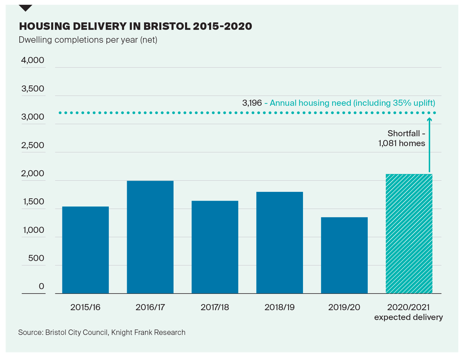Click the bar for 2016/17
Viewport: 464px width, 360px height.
[150, 237]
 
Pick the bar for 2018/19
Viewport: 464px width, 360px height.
[280, 242]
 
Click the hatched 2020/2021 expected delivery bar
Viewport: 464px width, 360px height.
[409, 234]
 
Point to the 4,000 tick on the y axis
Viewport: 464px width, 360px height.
[33, 60]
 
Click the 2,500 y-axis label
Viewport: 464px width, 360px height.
[33, 145]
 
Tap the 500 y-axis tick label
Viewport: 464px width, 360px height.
[36, 258]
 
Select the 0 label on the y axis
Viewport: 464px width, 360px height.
[41, 286]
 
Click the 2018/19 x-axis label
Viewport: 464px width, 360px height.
[280, 307]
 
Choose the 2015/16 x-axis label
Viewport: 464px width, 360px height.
[85, 307]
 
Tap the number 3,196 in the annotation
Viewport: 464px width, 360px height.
[252, 103]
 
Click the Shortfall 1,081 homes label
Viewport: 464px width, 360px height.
[402, 138]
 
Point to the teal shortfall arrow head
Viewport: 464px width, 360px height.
[429, 119]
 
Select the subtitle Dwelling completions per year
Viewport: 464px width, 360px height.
[88, 40]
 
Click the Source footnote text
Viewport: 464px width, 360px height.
[102, 333]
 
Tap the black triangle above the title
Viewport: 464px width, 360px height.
[25, 8]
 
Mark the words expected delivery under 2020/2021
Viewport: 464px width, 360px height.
[408, 317]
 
